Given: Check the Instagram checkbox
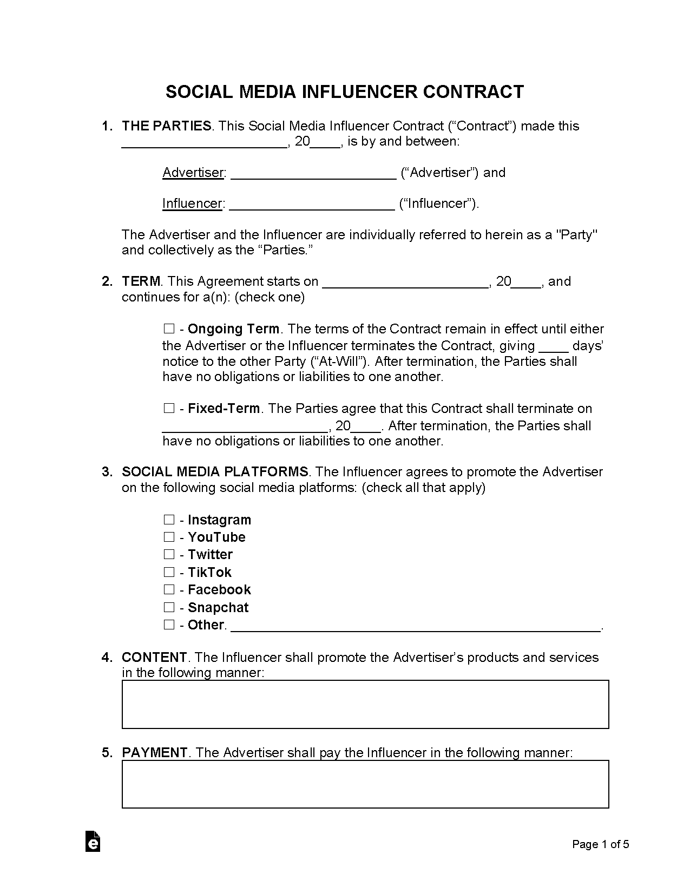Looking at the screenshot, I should click(169, 520).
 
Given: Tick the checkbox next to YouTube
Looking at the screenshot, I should click(169, 537).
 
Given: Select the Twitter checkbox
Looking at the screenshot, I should click(169, 554).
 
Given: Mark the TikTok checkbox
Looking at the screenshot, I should click(169, 572).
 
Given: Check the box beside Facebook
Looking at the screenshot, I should click(169, 589).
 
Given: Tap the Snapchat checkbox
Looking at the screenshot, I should click(169, 607).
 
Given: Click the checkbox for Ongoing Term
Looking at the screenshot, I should click(169, 329).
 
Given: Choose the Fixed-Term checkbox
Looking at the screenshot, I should click(169, 408).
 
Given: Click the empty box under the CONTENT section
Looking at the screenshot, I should click(365, 704).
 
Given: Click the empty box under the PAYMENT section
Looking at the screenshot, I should click(365, 784).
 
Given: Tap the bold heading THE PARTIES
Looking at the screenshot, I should click(167, 126).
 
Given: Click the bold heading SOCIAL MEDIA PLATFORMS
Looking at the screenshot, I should click(215, 472).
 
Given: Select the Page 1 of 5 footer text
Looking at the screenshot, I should click(601, 844).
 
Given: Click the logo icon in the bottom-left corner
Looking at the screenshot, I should click(93, 842).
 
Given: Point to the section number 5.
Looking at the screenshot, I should click(107, 752).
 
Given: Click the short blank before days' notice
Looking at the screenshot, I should click(554, 347).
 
